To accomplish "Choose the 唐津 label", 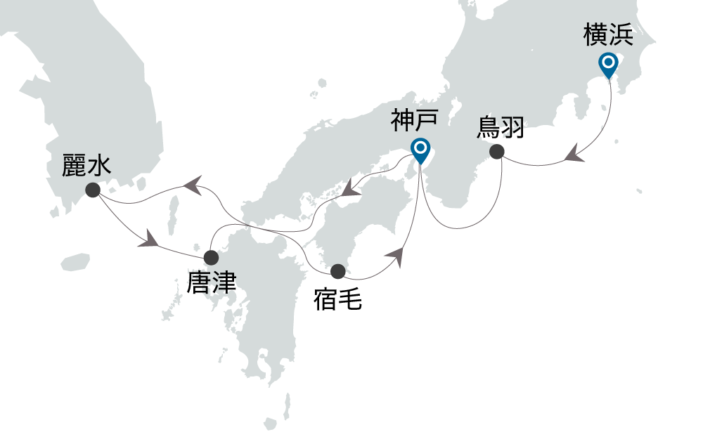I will coord(211,283).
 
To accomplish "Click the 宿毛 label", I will coord(337,299).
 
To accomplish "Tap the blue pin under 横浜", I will coord(608,64).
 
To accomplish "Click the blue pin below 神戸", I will coord(420,149).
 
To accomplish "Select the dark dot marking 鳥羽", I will coord(497,151).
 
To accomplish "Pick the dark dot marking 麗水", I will coord(91,190).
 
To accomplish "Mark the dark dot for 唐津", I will coord(210,257).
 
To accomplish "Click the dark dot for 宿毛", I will coord(338,270).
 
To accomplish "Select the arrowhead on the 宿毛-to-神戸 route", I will coord(399,256).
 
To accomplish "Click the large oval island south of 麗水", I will coord(75,263).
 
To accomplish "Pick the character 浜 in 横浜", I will coord(621,35).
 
